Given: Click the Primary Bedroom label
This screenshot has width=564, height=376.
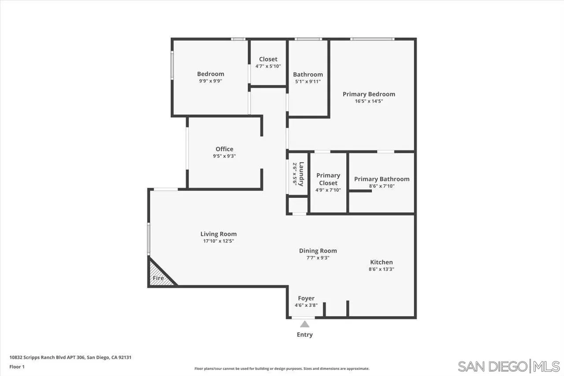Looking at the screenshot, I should [x=369, y=94].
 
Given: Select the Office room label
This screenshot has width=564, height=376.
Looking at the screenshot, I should [x=224, y=149].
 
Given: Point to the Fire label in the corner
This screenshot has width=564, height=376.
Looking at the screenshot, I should [x=158, y=278].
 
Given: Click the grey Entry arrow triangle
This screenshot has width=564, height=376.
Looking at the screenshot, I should [x=304, y=324].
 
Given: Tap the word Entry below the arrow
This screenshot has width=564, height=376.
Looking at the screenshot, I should [x=304, y=335].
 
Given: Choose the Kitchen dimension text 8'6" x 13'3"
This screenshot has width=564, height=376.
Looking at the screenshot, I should [x=381, y=269].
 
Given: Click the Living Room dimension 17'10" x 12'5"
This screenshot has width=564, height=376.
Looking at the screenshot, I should [x=219, y=241].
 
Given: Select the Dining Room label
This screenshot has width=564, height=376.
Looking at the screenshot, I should [x=318, y=250].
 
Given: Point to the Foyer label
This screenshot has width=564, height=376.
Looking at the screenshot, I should [x=306, y=298].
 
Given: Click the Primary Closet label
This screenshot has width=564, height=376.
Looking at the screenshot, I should [x=328, y=179].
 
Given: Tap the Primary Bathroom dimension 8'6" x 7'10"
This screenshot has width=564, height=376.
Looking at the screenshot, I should [x=382, y=186].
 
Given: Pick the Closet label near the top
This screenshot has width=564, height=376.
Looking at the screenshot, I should [x=268, y=59].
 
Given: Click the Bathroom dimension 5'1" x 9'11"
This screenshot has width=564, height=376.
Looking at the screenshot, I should [x=308, y=82].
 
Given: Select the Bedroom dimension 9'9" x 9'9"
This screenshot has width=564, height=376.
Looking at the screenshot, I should [x=211, y=81].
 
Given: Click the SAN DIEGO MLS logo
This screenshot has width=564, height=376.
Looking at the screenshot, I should [x=508, y=366].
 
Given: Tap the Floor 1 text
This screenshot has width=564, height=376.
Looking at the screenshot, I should [x=17, y=366].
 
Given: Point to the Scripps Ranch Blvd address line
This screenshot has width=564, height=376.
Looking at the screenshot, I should [x=70, y=357].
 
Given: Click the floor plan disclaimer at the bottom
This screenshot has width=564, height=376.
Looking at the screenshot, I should [x=282, y=369].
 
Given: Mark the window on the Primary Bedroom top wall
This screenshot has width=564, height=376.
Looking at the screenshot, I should [x=372, y=39].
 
